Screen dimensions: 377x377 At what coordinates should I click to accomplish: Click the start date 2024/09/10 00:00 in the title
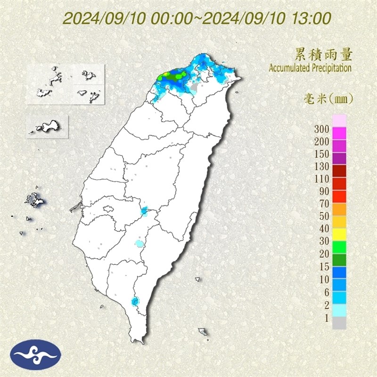[x=127, y=19]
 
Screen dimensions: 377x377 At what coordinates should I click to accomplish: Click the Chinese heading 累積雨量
[x=323, y=55]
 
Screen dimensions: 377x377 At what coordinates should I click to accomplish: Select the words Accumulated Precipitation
[x=310, y=68]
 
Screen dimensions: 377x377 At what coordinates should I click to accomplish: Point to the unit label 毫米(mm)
[x=328, y=99]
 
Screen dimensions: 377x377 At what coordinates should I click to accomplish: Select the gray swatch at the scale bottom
[x=339, y=323]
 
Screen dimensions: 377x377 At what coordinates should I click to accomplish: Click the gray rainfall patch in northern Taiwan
[x=195, y=87]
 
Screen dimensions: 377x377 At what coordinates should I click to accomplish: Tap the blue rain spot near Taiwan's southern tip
[x=136, y=301]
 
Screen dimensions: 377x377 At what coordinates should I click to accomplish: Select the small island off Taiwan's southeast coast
[x=203, y=332]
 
